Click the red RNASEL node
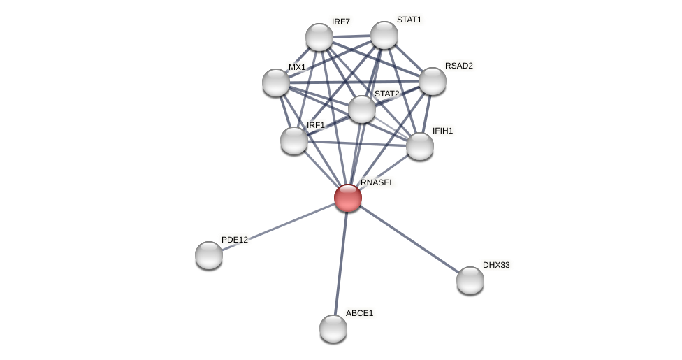[x=348, y=198]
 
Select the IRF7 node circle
[x=319, y=37]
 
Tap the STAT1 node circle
[x=384, y=35]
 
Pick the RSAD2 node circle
[x=433, y=81]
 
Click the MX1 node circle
[x=276, y=82]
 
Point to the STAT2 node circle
[x=362, y=109]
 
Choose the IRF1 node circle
[x=294, y=141]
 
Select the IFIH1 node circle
[x=420, y=146]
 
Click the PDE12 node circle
[x=209, y=255]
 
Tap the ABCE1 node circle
[x=333, y=329]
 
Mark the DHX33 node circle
[x=470, y=280]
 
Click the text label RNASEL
[x=377, y=182]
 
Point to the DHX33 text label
[x=496, y=265]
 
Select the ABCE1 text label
[x=360, y=313]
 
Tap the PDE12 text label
[x=235, y=240]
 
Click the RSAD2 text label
[x=459, y=66]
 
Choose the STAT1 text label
[x=409, y=20]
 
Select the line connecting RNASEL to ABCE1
[x=341, y=262]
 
